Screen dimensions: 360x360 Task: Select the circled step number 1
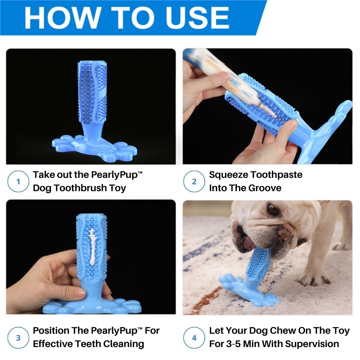(x=18, y=181)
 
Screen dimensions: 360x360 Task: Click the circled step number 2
(x=194, y=181)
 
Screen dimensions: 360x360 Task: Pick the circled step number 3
(x=18, y=338)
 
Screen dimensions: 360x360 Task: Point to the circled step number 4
(x=194, y=338)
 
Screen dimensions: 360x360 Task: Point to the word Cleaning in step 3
(x=124, y=344)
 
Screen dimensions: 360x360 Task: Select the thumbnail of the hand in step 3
(x=80, y=293)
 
